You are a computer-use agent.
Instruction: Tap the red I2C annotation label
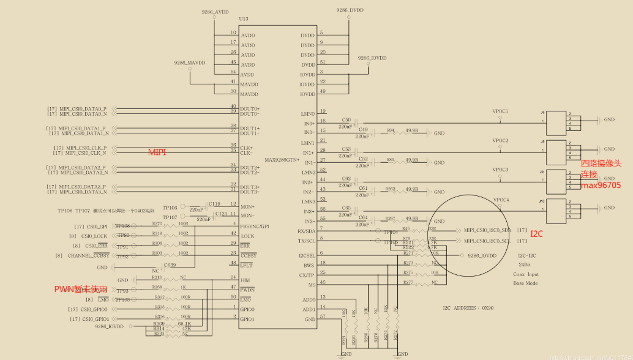536,234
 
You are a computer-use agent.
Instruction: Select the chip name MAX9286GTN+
282,160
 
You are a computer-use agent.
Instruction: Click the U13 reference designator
244,19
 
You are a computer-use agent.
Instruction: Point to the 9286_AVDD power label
214,12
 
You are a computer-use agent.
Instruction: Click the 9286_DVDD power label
349,10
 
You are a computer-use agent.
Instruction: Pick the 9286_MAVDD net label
189,63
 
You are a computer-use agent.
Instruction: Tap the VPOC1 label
500,111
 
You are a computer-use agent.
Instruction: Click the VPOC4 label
500,200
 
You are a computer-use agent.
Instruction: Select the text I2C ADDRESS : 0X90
469,309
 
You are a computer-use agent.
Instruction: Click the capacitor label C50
346,120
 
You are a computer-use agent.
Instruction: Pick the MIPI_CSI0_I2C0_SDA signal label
487,230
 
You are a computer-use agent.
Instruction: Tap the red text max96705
601,185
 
